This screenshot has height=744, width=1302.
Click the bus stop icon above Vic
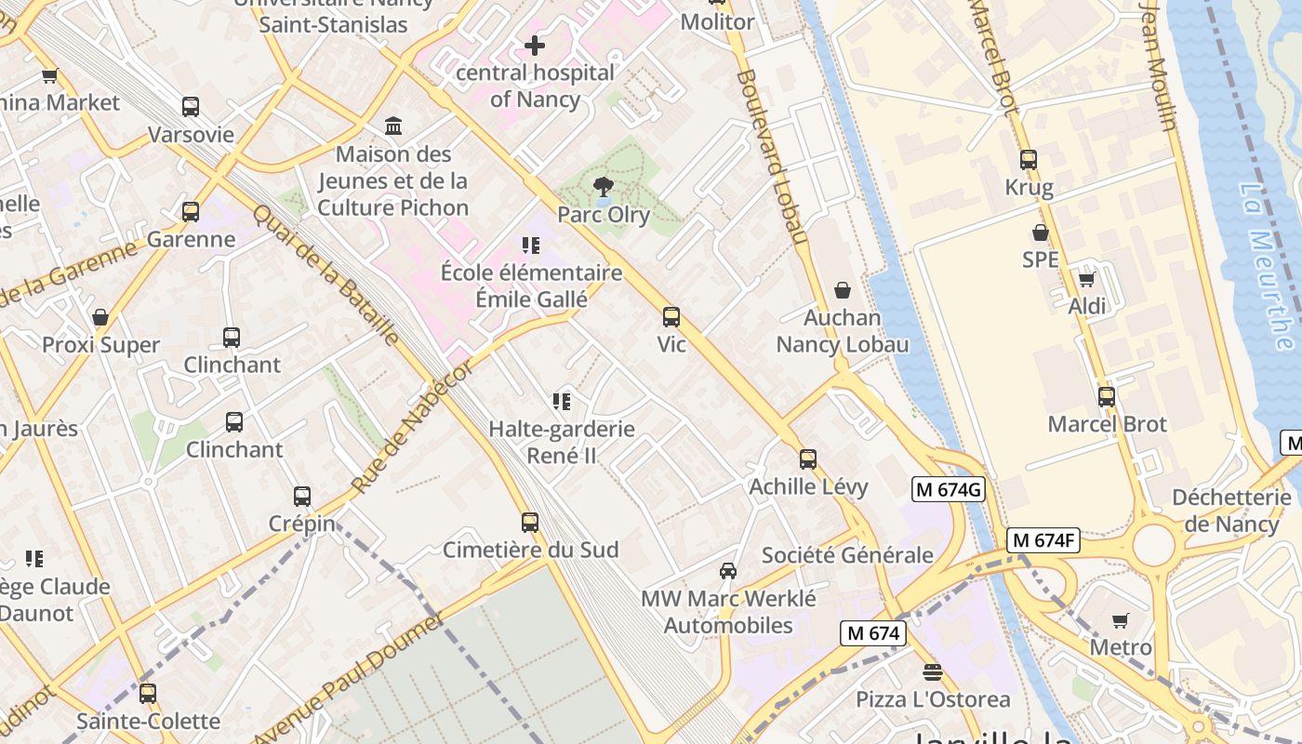[x=671, y=317]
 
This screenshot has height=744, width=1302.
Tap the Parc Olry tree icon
[x=604, y=187]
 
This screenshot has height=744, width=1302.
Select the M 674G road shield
[x=948, y=489]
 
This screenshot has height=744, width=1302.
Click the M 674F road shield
[x=1043, y=539]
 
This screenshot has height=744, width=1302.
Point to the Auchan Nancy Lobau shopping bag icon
[x=843, y=291]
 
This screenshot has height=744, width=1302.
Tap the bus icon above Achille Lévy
[x=808, y=458]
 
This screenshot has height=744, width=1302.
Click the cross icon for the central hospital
[x=535, y=45]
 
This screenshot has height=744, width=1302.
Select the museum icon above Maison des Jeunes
[x=393, y=126]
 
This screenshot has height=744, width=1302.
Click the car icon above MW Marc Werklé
[x=728, y=570]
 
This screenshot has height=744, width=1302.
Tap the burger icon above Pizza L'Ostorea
[x=933, y=671]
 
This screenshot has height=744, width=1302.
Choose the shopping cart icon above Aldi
[x=1086, y=279]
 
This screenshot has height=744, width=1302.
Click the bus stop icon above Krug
[x=1029, y=160]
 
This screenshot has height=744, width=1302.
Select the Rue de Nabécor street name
[x=412, y=429]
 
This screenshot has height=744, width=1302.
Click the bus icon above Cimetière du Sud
[x=530, y=523]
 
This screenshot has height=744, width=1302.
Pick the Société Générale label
[x=847, y=555]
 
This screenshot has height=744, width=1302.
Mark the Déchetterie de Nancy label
[x=1231, y=510]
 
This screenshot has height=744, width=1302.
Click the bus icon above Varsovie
[x=191, y=107]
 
